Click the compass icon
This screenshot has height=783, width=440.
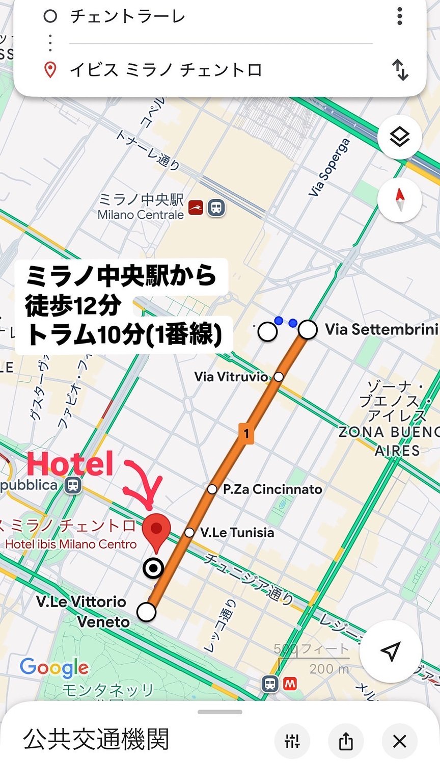400,200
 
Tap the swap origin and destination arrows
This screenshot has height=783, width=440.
400,70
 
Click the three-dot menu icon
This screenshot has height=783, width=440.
400,16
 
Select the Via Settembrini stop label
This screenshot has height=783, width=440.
381,329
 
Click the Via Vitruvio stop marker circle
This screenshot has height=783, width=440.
279,377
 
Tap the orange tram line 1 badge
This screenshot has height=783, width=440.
246,433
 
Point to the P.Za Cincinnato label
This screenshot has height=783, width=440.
272,489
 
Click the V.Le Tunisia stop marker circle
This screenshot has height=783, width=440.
189,533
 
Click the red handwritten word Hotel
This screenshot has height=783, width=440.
70,464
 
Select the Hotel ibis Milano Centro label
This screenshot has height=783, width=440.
71,544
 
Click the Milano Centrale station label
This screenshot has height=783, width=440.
141,215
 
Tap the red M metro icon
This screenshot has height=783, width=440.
291,684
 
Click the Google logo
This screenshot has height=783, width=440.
54,668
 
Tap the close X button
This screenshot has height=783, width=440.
400,741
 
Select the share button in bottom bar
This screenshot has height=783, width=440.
346,741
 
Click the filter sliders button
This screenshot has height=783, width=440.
292,741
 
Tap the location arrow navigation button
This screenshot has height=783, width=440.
391,651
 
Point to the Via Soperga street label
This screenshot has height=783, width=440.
329,168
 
